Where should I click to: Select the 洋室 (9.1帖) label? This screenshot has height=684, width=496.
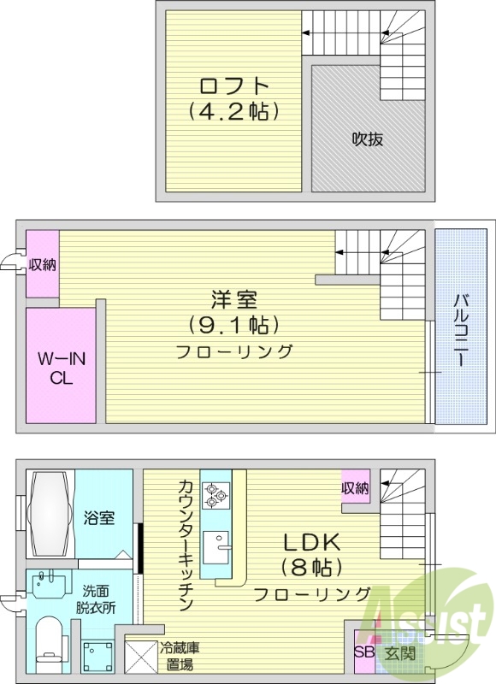tap(234, 312)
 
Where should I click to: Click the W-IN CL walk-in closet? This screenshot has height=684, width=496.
tap(60, 365)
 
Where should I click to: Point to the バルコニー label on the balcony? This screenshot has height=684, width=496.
tap(461, 328)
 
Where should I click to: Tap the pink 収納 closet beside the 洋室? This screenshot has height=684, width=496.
tap(42, 264)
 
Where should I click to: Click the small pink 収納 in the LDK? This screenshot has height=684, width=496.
tap(356, 488)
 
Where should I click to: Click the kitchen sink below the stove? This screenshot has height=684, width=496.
tap(217, 544)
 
